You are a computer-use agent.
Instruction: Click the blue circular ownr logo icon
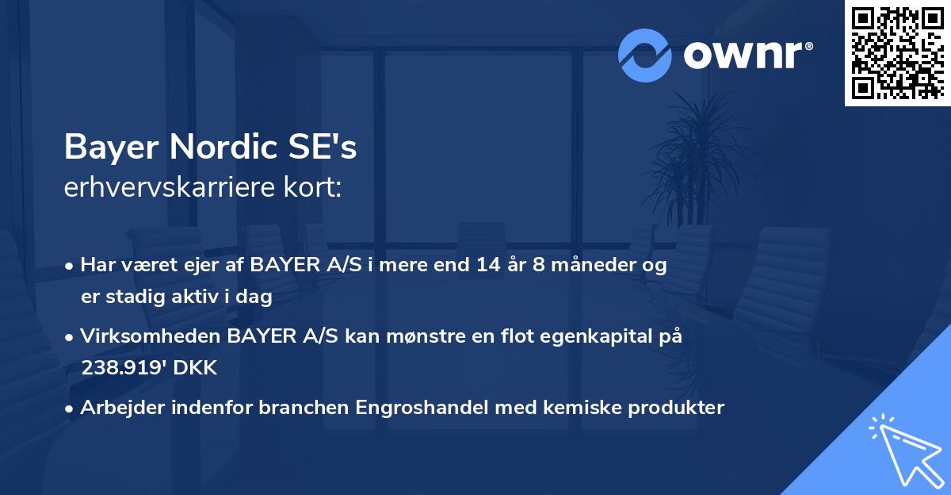pyautogui.click(x=646, y=56)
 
